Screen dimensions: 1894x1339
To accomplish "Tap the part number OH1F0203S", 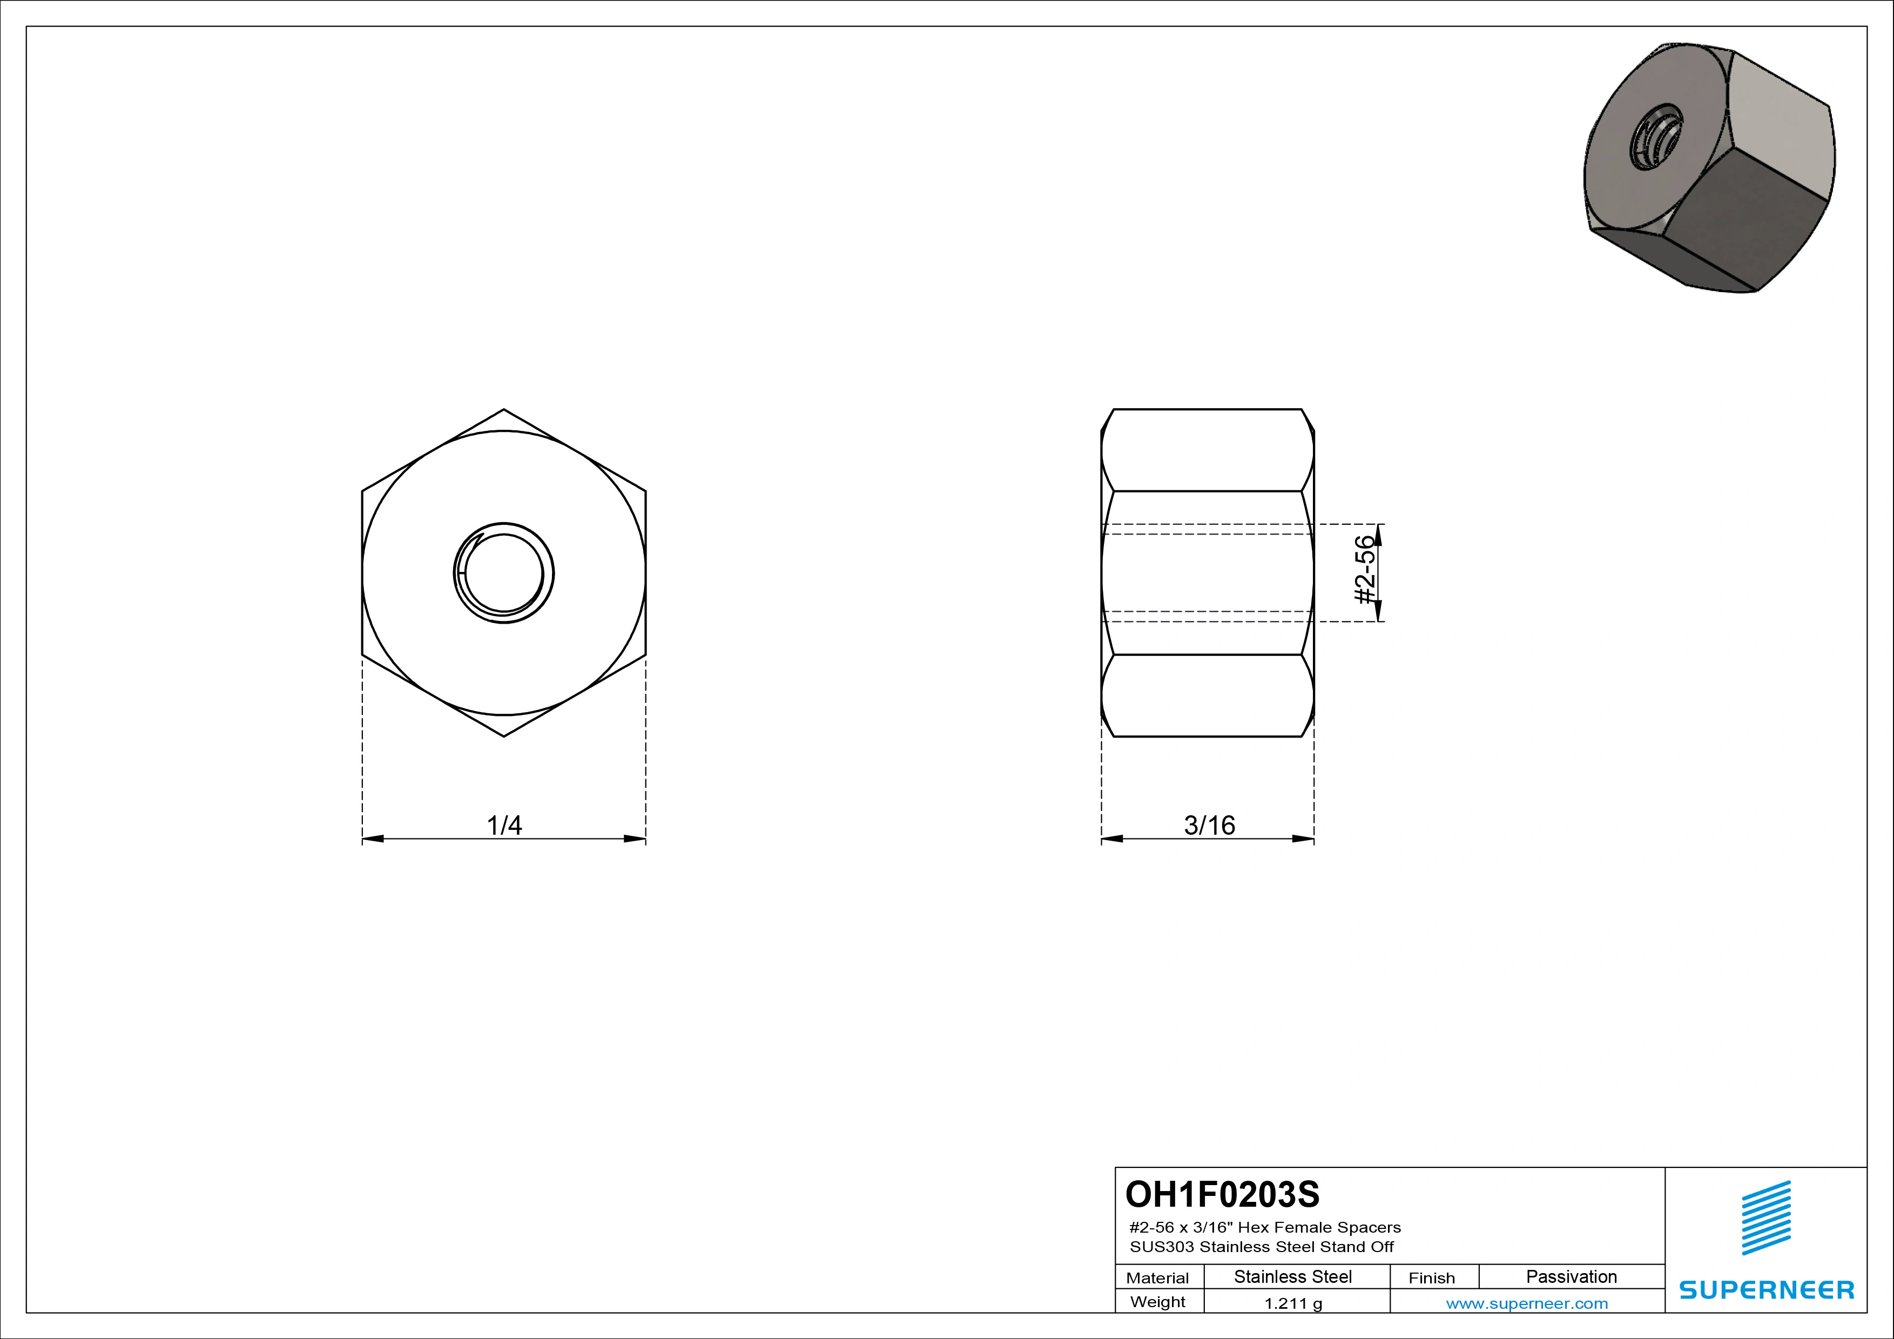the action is [x=1223, y=1194].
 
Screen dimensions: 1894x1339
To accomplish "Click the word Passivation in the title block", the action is [x=1572, y=1276].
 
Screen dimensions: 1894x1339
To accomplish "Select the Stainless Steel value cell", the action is [x=1292, y=1276].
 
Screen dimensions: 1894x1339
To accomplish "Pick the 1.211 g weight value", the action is [x=1293, y=1303].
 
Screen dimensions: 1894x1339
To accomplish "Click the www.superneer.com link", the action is [x=1527, y=1303].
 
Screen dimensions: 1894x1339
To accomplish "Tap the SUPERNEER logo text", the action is [x=1767, y=1289].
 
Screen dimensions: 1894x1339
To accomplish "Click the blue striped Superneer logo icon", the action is [x=1766, y=1218].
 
